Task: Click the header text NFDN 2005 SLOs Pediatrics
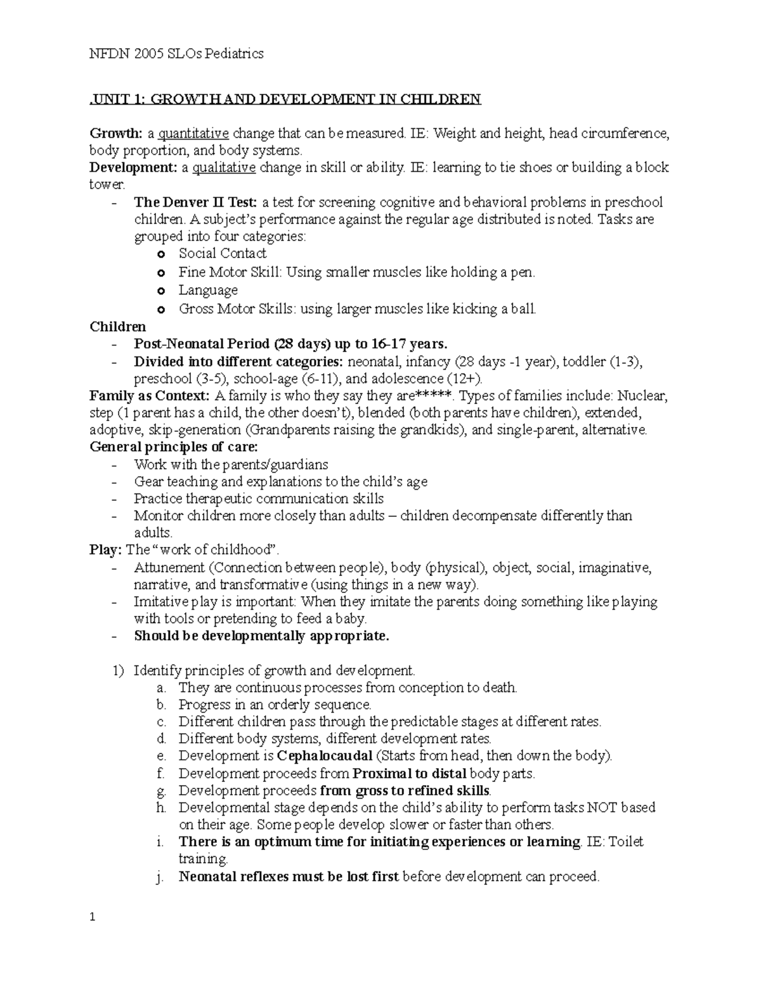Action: (x=176, y=54)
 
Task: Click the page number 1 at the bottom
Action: (x=93, y=917)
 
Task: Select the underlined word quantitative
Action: (x=193, y=134)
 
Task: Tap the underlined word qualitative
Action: (x=224, y=168)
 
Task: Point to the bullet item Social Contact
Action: (x=222, y=254)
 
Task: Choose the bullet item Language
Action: (x=208, y=290)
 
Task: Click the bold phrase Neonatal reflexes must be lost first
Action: (x=289, y=877)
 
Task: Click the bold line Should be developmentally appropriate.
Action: (x=261, y=636)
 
